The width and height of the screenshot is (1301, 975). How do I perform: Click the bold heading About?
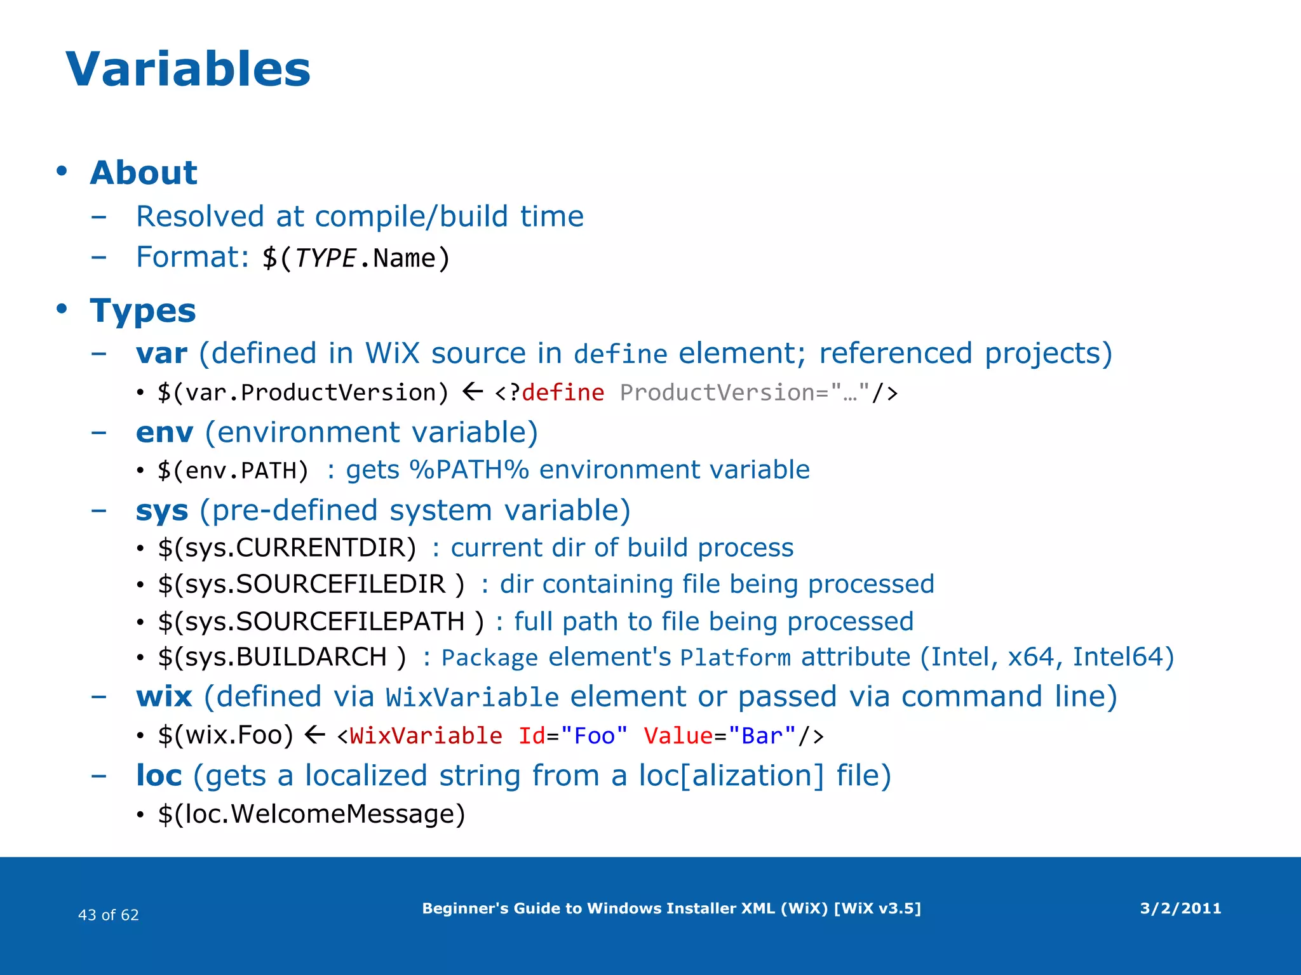pos(144,173)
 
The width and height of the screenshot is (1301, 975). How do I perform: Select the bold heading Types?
pos(143,310)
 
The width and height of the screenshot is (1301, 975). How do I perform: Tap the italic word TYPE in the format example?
pos(325,258)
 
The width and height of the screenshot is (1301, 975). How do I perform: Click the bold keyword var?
pos(161,354)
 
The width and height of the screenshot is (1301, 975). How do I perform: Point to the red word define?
pos(563,393)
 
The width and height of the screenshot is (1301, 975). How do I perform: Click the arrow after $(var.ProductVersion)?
pos(472,392)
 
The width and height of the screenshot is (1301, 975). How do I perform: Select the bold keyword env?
pos(164,432)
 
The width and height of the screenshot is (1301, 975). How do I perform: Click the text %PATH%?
pos(469,470)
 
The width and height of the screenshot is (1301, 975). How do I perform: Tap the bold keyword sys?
pos(162,510)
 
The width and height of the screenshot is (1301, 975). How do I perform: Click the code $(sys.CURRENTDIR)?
pos(287,548)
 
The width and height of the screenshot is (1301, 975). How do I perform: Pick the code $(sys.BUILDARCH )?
pos(281,657)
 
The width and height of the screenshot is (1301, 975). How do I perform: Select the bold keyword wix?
pos(164,696)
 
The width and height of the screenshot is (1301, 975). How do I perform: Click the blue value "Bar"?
pos(762,736)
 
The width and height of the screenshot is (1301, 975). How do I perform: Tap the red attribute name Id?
pos(532,736)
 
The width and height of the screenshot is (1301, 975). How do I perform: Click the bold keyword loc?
pos(159,776)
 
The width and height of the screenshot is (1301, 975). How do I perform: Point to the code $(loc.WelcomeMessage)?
pos(311,814)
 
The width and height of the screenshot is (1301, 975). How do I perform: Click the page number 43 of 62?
pos(108,915)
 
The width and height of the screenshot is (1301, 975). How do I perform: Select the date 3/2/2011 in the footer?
pos(1180,908)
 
